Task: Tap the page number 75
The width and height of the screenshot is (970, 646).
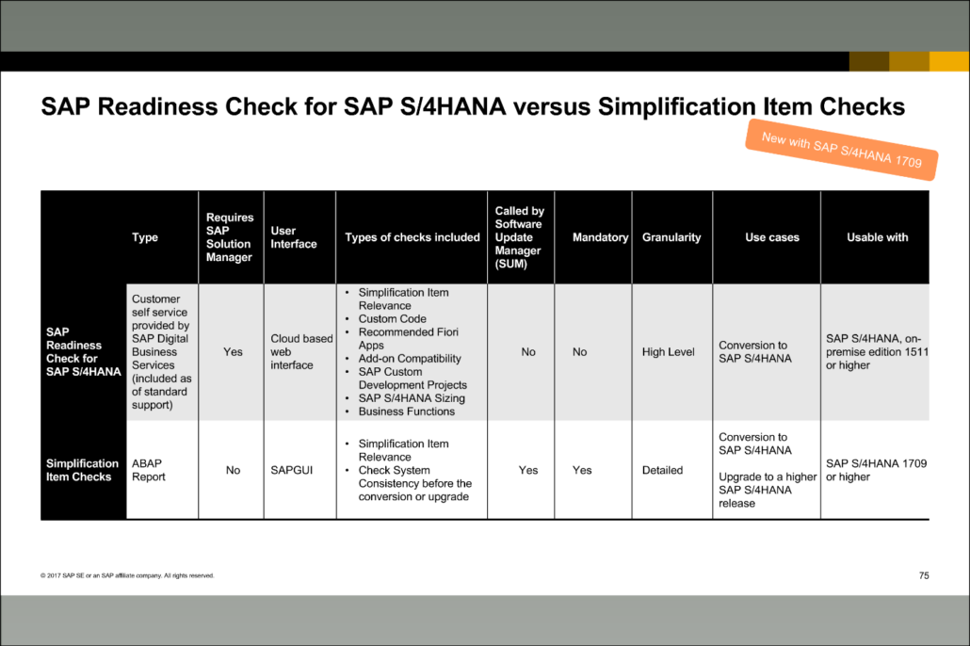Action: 923,575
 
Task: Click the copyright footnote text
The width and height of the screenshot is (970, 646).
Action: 127,575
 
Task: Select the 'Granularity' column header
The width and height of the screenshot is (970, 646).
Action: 671,237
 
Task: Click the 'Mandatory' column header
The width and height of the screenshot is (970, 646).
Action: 600,237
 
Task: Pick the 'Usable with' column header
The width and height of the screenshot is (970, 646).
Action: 877,237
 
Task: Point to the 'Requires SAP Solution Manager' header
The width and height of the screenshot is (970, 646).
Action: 230,237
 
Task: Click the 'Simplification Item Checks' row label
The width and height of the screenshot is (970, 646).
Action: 83,470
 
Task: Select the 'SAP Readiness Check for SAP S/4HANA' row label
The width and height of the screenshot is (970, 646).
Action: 83,351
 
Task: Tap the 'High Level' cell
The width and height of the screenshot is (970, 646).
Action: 669,352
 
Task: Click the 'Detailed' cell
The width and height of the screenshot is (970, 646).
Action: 662,470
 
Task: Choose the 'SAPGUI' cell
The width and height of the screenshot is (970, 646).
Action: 291,470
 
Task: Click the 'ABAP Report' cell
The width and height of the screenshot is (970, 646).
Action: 149,470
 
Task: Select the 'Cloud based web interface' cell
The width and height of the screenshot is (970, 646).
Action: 301,351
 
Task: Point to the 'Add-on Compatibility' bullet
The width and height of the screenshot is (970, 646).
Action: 410,359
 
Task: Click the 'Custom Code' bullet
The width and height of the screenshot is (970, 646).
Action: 392,319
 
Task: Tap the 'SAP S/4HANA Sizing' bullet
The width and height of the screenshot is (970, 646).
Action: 412,398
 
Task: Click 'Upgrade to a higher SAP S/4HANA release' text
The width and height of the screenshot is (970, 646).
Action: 767,490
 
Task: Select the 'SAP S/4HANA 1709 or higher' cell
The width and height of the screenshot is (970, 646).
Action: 876,470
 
